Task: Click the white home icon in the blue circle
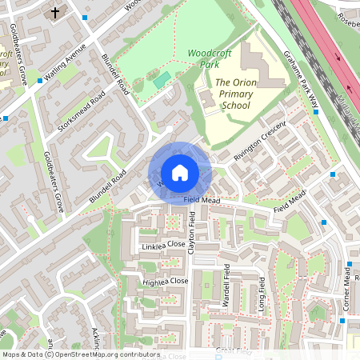[x=180, y=173]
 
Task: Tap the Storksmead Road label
[x=82, y=112]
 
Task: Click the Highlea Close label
[x=165, y=282]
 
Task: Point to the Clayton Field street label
[x=192, y=232]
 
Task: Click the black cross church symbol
[x=55, y=13]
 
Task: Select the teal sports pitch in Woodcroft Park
[x=161, y=80]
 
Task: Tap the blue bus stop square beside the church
[x=85, y=16]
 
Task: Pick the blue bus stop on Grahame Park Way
[x=317, y=112]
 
